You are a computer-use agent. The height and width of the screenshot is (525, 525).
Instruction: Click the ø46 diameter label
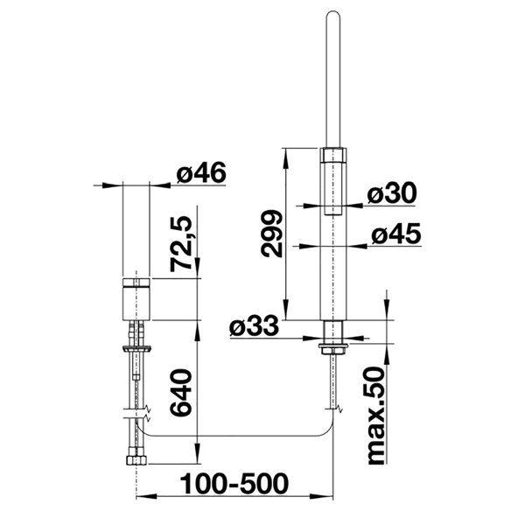coord(201,173)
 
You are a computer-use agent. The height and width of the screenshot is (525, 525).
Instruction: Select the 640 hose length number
coord(181,392)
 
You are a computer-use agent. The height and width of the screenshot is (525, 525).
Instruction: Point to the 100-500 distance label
coord(234,484)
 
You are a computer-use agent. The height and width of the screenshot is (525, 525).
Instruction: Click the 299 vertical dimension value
coord(271,234)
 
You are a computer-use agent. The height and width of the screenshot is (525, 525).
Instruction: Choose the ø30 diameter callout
coord(392,193)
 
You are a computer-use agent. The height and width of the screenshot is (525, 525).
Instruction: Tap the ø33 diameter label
coord(254,325)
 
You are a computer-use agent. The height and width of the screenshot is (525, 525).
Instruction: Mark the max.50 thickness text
coord(376,416)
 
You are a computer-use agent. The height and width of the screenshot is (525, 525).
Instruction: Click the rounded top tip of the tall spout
coord(333,13)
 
